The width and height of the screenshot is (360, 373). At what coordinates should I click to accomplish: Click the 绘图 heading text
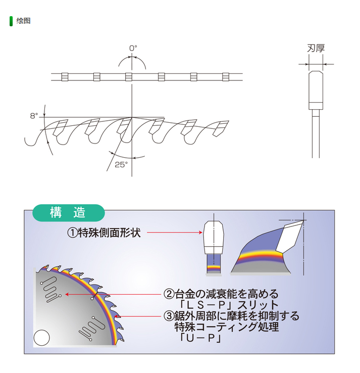[23, 21]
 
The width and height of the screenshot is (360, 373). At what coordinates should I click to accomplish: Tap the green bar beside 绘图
[11, 21]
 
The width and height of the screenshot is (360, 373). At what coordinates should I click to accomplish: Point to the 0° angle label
[133, 49]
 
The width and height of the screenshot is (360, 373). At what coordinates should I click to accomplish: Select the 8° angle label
[34, 116]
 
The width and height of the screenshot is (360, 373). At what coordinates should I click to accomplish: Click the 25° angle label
[121, 164]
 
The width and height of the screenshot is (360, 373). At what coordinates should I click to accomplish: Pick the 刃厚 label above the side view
[316, 49]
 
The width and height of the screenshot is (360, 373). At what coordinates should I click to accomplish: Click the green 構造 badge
[69, 213]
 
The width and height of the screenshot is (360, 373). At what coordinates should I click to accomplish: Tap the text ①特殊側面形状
[104, 232]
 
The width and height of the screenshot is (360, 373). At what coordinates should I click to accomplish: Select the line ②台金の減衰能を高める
[221, 294]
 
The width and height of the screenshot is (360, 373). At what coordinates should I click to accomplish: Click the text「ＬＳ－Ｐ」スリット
[229, 305]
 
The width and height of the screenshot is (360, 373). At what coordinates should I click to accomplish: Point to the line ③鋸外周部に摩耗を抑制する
[231, 316]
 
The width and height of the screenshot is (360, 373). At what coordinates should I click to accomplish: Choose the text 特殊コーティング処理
[227, 327]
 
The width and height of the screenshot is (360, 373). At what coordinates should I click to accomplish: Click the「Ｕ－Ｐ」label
[200, 338]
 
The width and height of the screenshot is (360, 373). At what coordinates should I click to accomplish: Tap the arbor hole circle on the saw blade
[41, 338]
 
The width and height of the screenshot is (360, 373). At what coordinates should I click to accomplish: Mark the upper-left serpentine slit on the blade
[50, 289]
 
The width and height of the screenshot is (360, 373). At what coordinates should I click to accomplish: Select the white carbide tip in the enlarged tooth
[289, 236]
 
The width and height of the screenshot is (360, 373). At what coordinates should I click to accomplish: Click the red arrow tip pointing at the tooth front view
[201, 232]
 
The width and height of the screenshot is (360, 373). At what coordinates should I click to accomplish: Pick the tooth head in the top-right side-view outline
[316, 90]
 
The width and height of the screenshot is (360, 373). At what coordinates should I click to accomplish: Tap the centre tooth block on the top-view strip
[129, 77]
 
